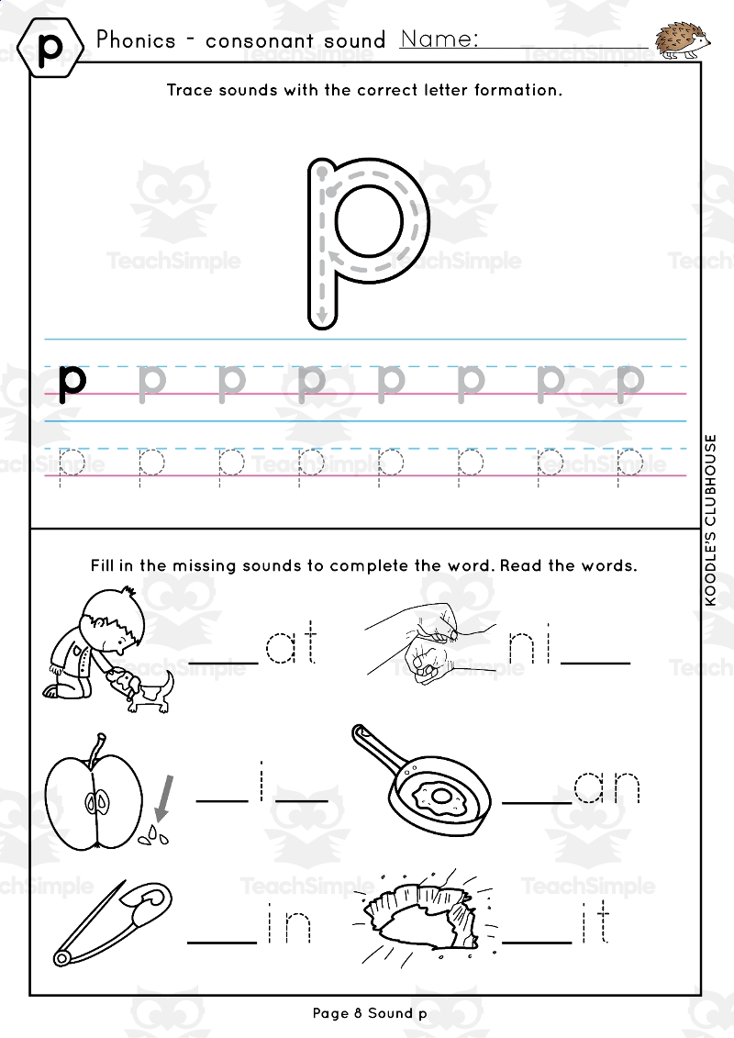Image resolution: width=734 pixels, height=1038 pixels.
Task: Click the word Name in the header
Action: pos(439,39)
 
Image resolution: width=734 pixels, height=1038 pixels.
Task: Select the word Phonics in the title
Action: pos(136,40)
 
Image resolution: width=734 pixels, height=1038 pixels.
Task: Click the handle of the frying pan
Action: pos(376,747)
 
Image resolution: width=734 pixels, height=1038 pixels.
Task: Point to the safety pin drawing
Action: pos(113,924)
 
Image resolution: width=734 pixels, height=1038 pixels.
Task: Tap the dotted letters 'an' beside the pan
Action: pos(606,787)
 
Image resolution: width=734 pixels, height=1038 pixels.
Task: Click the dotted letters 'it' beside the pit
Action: pos(595,927)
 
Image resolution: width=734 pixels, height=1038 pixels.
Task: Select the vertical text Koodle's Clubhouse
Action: pos(711,519)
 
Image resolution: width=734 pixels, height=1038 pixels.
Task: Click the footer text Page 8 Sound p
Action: pos(370,1013)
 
